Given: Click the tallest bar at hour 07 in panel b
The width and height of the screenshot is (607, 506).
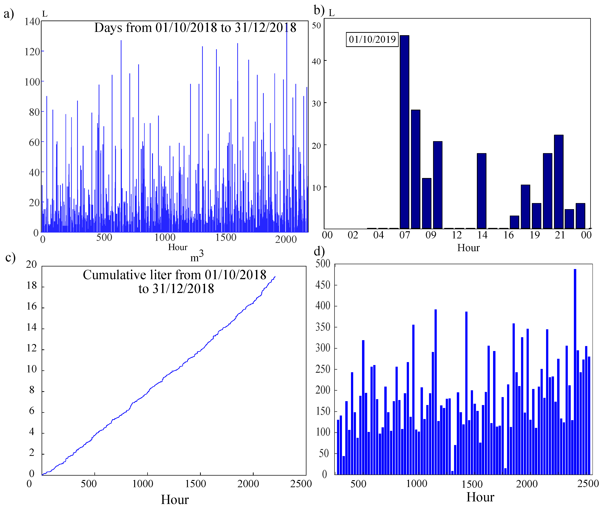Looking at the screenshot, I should (x=404, y=132).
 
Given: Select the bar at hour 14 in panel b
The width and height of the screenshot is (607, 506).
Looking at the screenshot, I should (x=481, y=191).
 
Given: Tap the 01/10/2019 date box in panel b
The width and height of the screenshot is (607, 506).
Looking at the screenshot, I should (x=372, y=39).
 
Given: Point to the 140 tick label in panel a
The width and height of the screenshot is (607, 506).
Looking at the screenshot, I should (x=32, y=22).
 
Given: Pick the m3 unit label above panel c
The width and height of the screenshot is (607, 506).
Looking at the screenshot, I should (x=197, y=256).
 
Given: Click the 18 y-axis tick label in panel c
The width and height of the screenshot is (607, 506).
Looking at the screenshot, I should (x=32, y=286).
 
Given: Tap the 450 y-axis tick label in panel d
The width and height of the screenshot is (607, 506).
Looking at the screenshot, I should (x=323, y=285).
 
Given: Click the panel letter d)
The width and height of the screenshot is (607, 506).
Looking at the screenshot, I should (x=319, y=251).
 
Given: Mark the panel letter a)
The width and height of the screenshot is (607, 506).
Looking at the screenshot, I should (x=9, y=14).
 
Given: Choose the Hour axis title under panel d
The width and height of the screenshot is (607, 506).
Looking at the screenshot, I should (x=480, y=497).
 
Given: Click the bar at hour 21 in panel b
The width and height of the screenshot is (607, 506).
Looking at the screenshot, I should (x=558, y=182).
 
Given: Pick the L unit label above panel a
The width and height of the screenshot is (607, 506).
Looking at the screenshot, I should (x=45, y=14).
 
